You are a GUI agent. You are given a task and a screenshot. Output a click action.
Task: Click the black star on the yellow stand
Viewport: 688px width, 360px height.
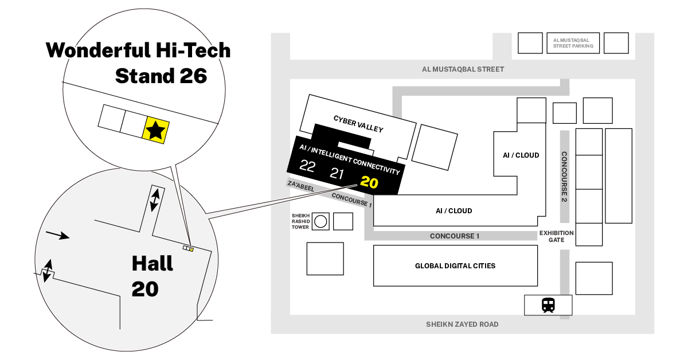point(154,130)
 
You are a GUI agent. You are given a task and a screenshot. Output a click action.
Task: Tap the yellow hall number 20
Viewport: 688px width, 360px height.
point(369,183)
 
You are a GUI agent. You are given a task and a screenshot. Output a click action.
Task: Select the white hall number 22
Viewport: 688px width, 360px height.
point(307,167)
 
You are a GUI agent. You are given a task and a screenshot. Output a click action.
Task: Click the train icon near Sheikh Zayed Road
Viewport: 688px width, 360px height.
point(548,305)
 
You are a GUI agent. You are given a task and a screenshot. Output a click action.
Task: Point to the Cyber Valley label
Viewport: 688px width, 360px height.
point(358,123)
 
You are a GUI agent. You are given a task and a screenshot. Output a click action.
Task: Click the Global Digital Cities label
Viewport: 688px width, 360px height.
point(455,266)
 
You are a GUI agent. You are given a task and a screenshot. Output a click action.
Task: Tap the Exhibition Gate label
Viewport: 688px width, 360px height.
point(556,236)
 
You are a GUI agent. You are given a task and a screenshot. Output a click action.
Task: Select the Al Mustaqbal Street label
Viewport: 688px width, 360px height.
point(463,69)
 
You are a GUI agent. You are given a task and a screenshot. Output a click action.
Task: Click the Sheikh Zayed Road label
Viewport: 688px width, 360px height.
point(462,324)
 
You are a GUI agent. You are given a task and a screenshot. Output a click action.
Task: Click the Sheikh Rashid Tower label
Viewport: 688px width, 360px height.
point(301,221)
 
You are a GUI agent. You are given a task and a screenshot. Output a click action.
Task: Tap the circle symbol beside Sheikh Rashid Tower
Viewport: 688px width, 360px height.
point(321,221)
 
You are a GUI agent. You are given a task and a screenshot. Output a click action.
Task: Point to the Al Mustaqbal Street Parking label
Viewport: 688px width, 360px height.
point(573,43)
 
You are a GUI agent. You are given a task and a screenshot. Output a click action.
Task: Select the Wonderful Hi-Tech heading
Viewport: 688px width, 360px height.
point(138,50)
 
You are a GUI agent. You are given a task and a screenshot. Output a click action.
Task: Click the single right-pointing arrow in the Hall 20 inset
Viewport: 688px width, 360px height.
point(57,234)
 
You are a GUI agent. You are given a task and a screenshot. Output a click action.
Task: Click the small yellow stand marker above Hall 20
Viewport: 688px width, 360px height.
point(191,249)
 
